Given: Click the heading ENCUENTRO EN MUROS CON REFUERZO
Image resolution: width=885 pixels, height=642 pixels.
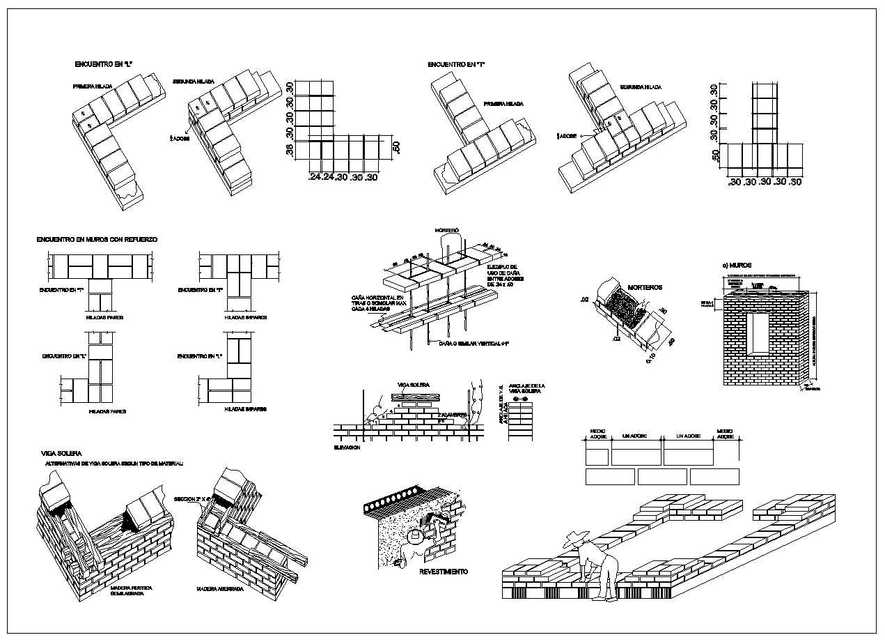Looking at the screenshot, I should [97, 239].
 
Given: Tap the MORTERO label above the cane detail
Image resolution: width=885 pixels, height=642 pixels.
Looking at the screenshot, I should [447, 230].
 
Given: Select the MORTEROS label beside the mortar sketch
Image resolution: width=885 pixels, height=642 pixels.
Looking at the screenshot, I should [645, 287].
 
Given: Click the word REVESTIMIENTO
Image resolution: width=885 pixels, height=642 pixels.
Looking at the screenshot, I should [444, 572].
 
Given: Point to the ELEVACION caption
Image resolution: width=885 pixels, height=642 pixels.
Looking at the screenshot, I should [347, 447].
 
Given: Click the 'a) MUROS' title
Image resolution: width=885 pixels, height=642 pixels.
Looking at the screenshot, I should [737, 265].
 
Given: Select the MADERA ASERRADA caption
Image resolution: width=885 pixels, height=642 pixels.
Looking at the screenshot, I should [219, 588].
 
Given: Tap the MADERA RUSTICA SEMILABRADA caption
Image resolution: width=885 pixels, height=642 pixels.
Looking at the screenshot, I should [132, 591].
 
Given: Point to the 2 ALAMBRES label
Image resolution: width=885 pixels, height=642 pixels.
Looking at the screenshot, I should [452, 415].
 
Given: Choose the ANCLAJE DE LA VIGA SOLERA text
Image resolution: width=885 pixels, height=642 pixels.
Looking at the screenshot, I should [527, 389].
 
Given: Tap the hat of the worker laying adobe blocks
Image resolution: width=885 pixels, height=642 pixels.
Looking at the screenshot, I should [576, 536].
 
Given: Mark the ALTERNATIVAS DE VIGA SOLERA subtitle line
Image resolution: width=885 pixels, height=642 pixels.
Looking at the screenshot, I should [114, 463].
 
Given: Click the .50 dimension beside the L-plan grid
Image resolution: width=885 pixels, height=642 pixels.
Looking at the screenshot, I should [395, 147].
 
